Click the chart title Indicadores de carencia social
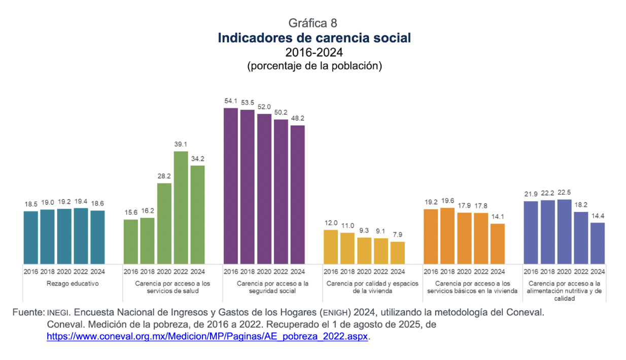tap(314, 38)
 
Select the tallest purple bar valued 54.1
tap(230, 186)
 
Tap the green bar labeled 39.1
tap(181, 207)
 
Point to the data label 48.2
tap(297, 118)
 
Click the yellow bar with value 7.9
tap(398, 253)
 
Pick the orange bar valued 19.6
tap(447, 235)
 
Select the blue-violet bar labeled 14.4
tap(598, 243)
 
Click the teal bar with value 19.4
tap(81, 236)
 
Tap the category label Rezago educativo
tap(64, 283)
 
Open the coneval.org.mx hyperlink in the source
tap(207, 336)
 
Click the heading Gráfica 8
tap(313, 23)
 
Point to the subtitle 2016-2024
tap(314, 52)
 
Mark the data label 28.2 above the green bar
tap(164, 176)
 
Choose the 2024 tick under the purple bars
tap(297, 271)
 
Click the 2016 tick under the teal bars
tap(31, 271)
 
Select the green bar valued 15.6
tap(131, 241)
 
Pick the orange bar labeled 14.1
tap(498, 243)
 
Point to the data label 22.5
tap(564, 192)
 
